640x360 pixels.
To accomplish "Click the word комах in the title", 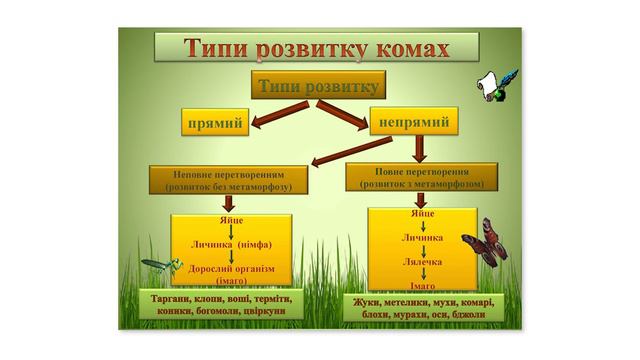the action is pyautogui.click(x=412, y=48).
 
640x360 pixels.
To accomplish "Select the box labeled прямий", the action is pyautogui.click(x=215, y=122).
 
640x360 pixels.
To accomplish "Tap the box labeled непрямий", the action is pyautogui.click(x=414, y=121).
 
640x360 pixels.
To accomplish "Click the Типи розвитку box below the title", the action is pyautogui.click(x=318, y=85).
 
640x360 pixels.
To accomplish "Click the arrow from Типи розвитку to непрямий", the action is pyautogui.click(x=342, y=116).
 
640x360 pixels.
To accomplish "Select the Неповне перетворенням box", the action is pyautogui.click(x=229, y=180).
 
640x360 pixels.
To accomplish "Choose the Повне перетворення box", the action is pyautogui.click(x=422, y=177).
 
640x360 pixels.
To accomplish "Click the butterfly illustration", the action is pyautogui.click(x=486, y=242).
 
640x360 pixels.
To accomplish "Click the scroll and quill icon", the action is pyautogui.click(x=497, y=86).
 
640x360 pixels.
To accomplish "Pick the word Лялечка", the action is pyautogui.click(x=422, y=262).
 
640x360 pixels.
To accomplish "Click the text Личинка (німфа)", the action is pyautogui.click(x=231, y=245).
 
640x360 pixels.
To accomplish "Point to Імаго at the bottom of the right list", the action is pyautogui.click(x=422, y=286).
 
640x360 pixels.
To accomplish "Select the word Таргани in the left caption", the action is pyautogui.click(x=167, y=299).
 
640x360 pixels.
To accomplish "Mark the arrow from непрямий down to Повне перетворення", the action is pyautogui.click(x=420, y=149).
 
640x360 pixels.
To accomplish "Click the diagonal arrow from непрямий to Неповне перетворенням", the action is pyautogui.click(x=352, y=151).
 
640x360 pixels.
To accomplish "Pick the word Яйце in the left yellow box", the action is pyautogui.click(x=231, y=220).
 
